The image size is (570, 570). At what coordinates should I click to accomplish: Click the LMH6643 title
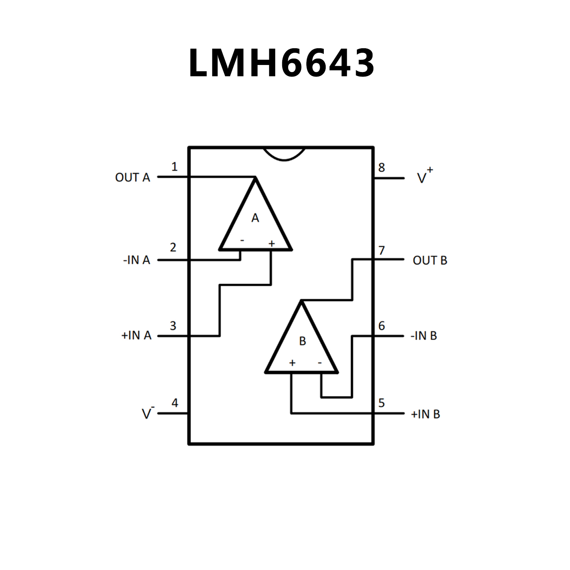[281, 63]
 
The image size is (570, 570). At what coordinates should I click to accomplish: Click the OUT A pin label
[133, 177]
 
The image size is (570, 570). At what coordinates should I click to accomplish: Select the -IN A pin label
[136, 260]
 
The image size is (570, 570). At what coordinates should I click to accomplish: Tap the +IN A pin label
[136, 335]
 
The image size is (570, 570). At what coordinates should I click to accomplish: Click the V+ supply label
[424, 176]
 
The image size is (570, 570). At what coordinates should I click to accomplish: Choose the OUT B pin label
[430, 260]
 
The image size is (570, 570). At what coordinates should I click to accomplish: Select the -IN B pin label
[424, 336]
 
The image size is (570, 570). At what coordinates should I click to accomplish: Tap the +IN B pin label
[425, 414]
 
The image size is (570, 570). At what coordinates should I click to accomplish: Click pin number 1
[174, 167]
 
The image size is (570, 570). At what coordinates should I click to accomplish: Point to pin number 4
[175, 403]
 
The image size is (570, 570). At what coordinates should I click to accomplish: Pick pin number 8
[381, 167]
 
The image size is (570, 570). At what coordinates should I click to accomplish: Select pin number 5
[381, 403]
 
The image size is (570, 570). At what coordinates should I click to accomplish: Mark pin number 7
[381, 251]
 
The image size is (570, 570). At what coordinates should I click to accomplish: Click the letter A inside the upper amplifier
[255, 218]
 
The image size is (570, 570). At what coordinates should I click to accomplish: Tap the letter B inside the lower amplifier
[302, 341]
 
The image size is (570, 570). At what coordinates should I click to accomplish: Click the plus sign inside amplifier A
[271, 243]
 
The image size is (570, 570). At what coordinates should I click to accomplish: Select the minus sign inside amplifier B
[320, 363]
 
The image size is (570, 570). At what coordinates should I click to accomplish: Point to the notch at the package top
[284, 154]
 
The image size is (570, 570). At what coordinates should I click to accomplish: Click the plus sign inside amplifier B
[292, 363]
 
